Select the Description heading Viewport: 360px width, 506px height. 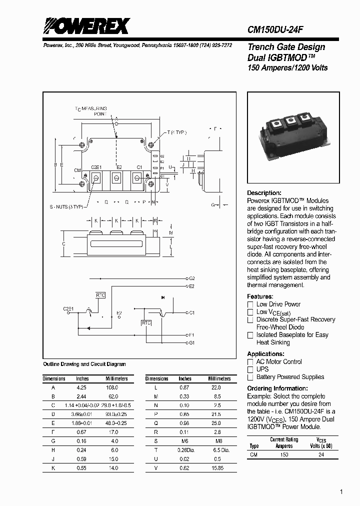[264, 193]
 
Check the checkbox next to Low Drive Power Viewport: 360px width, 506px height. [250, 304]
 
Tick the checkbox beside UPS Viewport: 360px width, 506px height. [250, 369]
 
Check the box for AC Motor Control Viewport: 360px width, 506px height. [250, 362]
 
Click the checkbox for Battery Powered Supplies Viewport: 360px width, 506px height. [250, 377]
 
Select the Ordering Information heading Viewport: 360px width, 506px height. [277, 388]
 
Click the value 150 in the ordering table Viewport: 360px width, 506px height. [284, 455]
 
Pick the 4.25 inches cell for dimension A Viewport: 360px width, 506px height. [82, 387]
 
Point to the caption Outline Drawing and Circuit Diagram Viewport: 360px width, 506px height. [84, 364]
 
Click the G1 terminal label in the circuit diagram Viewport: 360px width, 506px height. [192, 342]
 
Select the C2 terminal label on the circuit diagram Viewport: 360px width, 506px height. [192, 277]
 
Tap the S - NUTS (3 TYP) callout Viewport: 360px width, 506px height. [66, 206]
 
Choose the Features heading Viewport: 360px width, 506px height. [260, 296]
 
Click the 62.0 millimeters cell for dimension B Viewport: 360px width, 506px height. [113, 395]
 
